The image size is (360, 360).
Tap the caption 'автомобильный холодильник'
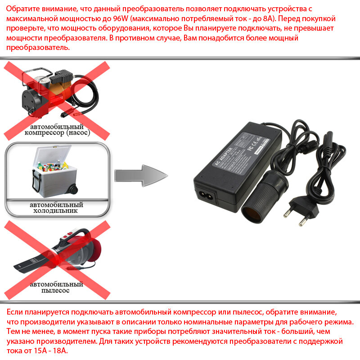[x=57, y=207]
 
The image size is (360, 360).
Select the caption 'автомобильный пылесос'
[x=57, y=288]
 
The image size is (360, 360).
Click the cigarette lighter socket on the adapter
[x=252, y=205]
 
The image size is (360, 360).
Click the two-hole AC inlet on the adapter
[x=205, y=194]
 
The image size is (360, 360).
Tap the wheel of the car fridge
[x=72, y=189]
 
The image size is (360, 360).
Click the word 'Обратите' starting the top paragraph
[x=22, y=9]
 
